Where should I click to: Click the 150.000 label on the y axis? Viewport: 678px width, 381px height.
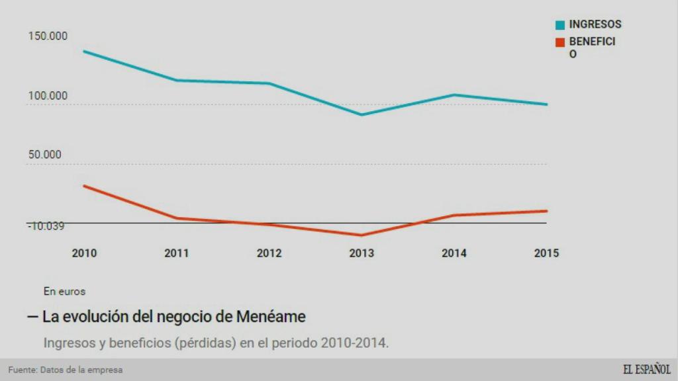point(48,36)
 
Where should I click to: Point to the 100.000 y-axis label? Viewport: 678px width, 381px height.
point(48,96)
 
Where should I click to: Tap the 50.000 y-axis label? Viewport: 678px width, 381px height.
point(44,155)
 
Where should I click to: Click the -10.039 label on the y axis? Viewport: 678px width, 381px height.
point(46,226)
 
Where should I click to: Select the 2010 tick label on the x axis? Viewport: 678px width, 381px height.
point(84,253)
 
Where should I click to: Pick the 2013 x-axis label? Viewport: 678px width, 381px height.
point(362,253)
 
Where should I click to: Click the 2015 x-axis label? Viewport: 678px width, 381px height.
point(546,253)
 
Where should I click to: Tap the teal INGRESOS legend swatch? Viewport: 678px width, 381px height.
point(560,25)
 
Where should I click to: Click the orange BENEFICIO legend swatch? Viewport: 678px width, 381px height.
point(560,42)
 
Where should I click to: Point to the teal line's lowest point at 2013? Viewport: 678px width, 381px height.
point(362,114)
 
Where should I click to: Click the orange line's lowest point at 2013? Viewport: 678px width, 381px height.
point(362,235)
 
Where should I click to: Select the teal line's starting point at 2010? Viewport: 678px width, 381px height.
point(84,51)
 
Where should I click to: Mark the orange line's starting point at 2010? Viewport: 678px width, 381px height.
point(84,186)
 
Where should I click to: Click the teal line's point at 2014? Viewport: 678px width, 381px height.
point(454,95)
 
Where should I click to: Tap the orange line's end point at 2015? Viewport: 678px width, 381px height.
point(546,211)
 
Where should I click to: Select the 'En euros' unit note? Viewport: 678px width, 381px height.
point(64,291)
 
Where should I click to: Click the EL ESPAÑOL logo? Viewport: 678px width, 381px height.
point(646,370)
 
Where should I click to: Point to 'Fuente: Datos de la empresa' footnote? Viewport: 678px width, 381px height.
point(66,370)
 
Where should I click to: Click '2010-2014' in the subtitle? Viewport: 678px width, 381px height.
point(354,343)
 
